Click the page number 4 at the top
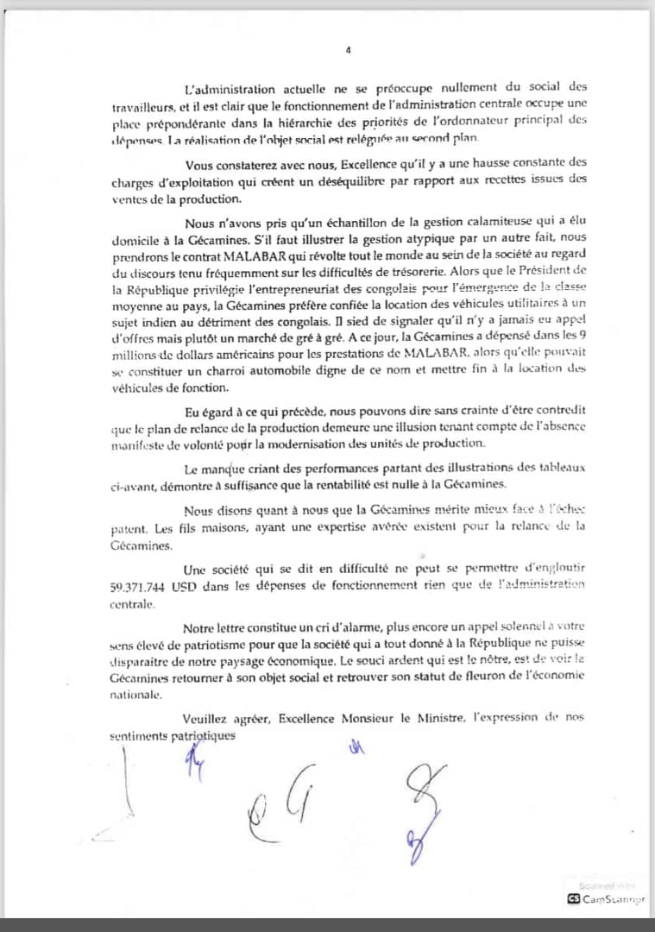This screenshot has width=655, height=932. [348, 50]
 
